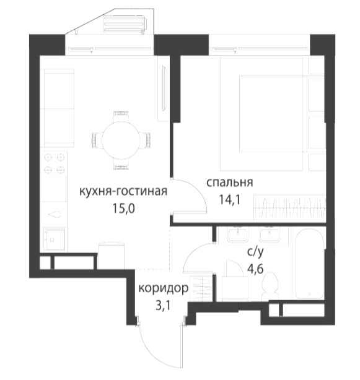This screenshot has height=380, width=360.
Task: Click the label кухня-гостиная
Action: (123, 191)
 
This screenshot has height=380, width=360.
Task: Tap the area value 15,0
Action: (123, 208)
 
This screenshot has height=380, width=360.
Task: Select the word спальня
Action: (229, 182)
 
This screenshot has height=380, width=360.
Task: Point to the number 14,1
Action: (229, 199)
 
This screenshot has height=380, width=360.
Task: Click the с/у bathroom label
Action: (255, 252)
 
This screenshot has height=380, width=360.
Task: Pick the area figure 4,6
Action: (255, 269)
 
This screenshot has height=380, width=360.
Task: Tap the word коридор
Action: (163, 288)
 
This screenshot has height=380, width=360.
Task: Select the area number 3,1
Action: (163, 306)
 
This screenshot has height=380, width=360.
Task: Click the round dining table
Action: (121, 140)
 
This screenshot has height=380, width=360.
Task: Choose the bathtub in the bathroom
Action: (310, 264)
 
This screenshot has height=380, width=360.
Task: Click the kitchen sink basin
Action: (54, 240)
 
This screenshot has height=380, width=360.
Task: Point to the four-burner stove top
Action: (54, 163)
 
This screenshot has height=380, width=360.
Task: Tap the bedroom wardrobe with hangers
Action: (289, 208)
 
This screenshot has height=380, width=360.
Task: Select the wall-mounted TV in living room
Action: (164, 89)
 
